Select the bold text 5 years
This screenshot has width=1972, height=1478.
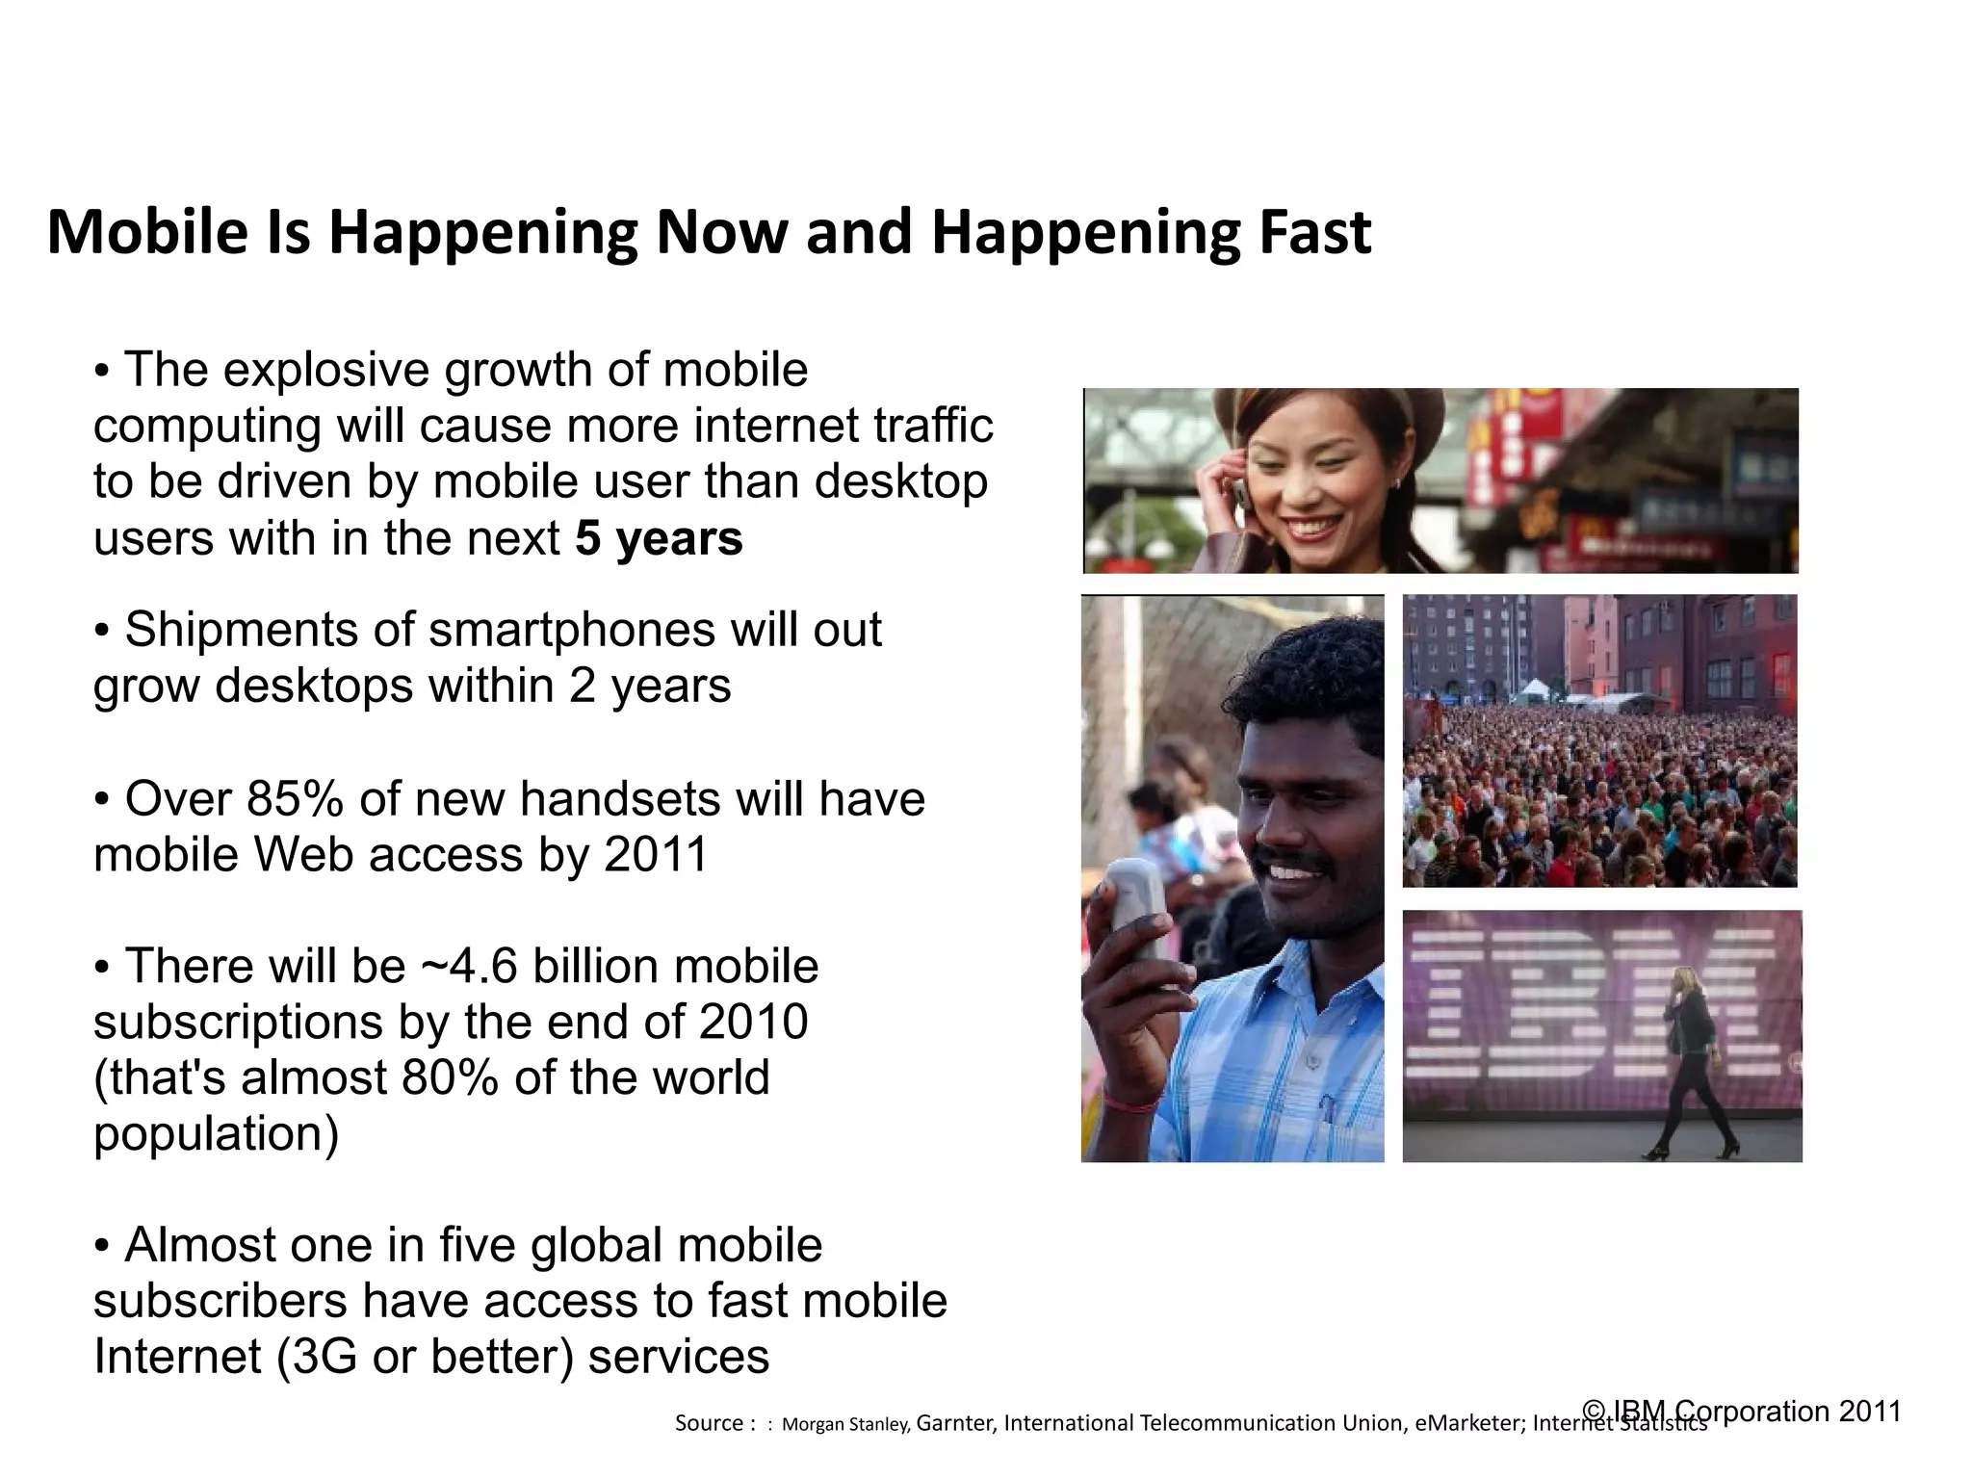click(659, 538)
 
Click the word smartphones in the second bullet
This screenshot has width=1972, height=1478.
click(571, 631)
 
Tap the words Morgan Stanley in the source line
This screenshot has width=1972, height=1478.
click(844, 1424)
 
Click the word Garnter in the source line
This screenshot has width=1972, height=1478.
click(954, 1423)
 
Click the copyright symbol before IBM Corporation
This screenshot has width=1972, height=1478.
click(1595, 1412)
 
